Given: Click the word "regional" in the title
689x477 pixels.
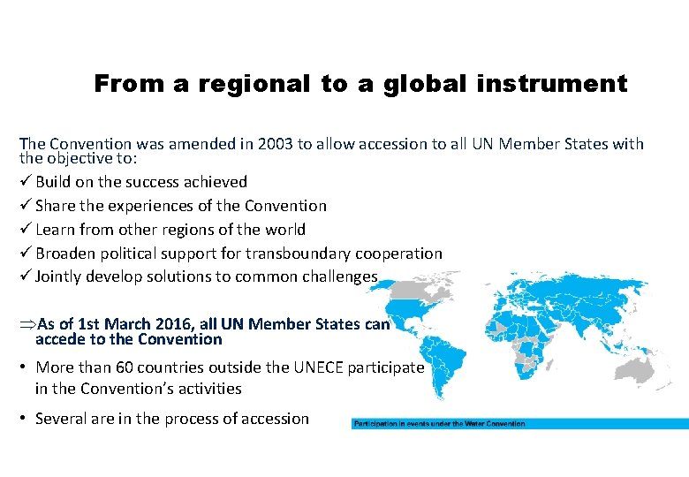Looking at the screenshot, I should pyautogui.click(x=254, y=85).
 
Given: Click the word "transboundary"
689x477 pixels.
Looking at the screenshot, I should pyautogui.click(x=297, y=254).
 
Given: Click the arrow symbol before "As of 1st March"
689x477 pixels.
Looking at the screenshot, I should pyautogui.click(x=27, y=324).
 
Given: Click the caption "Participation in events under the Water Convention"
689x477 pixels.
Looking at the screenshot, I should pyautogui.click(x=439, y=424).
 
